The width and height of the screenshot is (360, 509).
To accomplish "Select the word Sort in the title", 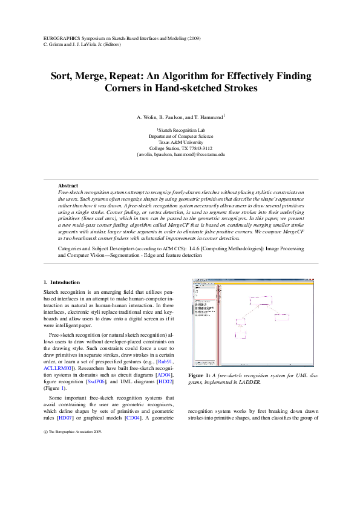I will point(63,76).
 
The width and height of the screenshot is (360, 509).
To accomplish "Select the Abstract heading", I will point(68,185).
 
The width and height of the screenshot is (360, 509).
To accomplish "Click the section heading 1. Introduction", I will point(62,282).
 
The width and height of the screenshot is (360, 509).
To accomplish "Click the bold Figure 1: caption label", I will point(199,375).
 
